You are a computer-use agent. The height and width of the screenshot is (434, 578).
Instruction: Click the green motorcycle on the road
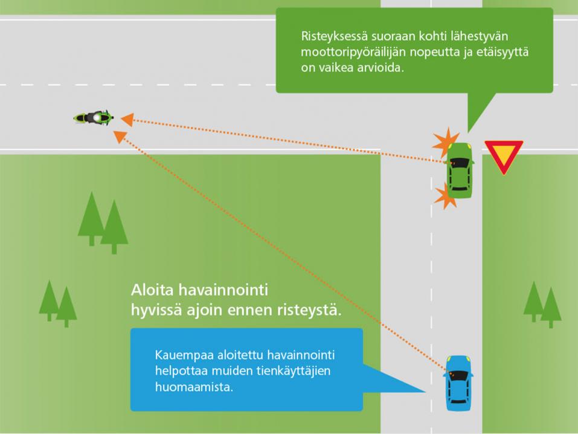(93, 118)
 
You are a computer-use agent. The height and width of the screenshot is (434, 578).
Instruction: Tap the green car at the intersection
(460, 170)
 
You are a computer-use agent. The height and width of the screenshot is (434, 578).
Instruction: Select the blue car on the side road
(458, 382)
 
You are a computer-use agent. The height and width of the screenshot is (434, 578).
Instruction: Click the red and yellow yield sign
(503, 155)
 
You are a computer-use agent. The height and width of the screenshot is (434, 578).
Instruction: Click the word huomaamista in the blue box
(193, 387)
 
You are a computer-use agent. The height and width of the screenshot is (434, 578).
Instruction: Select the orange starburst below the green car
(446, 196)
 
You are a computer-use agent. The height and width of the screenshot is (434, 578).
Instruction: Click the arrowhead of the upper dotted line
(126, 119)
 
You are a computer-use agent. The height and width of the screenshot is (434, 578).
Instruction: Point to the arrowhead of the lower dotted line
(120, 136)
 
